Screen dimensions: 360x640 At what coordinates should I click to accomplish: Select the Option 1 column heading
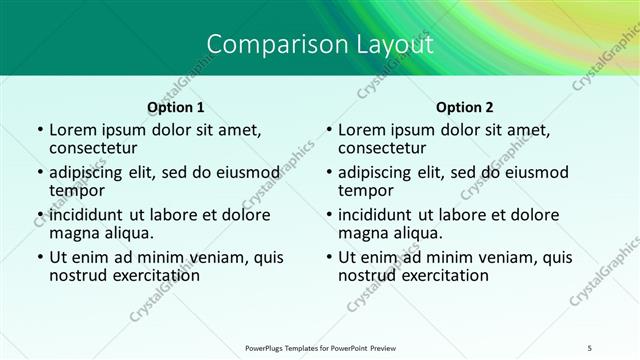click(x=175, y=107)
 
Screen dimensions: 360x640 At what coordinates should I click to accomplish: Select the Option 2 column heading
click(x=465, y=107)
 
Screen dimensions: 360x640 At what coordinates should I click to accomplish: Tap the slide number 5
click(x=590, y=346)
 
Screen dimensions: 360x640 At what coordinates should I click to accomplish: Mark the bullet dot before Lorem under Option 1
click(x=39, y=130)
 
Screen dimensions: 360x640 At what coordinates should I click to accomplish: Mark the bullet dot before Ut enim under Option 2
click(x=329, y=257)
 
